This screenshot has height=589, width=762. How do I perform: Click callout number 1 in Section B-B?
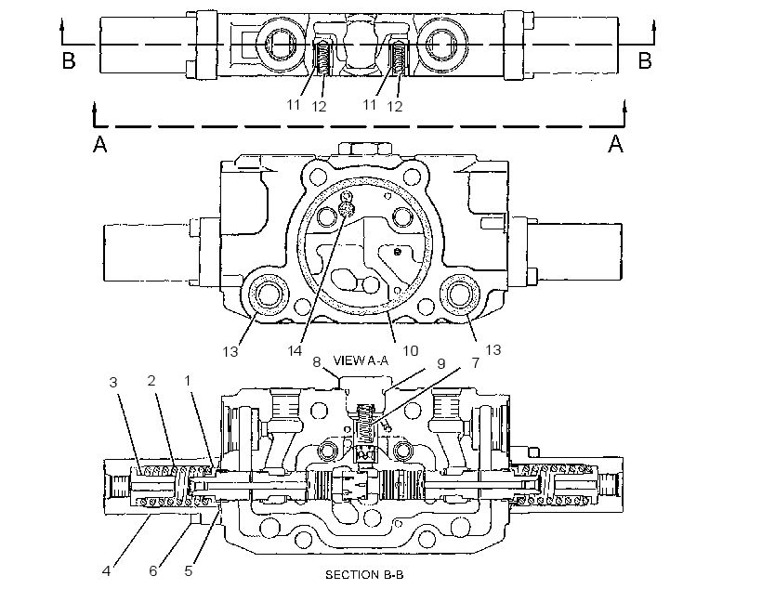(x=188, y=381)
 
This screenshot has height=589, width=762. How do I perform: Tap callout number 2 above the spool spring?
(x=151, y=381)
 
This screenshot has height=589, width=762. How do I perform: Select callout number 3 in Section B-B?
(x=113, y=383)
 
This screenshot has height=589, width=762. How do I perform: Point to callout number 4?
(x=107, y=570)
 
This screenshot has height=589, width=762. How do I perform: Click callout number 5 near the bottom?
(x=189, y=570)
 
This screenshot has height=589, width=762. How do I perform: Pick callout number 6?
(x=153, y=570)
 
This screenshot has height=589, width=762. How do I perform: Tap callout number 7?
(x=475, y=362)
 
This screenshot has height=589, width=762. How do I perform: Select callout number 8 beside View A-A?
(x=316, y=362)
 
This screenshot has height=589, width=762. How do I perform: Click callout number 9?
(x=440, y=363)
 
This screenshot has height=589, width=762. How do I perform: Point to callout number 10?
(x=410, y=350)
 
